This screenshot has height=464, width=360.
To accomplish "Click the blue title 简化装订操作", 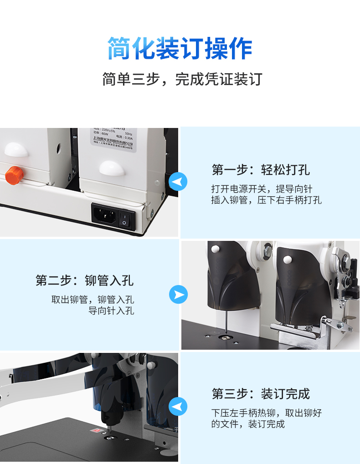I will click(x=180, y=49).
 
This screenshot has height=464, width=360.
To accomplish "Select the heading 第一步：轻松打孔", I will click(x=260, y=170).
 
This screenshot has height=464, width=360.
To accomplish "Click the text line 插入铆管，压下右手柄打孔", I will click(x=266, y=200).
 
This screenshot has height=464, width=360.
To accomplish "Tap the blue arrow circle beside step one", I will click(x=178, y=182).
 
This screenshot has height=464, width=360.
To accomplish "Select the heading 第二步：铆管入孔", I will click(x=85, y=280).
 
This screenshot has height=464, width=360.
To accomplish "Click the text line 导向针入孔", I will click(x=111, y=311).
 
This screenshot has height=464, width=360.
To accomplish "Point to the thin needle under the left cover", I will click(x=224, y=321).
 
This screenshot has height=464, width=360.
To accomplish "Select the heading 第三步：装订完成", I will click(x=260, y=393).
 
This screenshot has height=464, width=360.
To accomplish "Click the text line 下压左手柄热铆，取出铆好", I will click(x=266, y=413).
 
